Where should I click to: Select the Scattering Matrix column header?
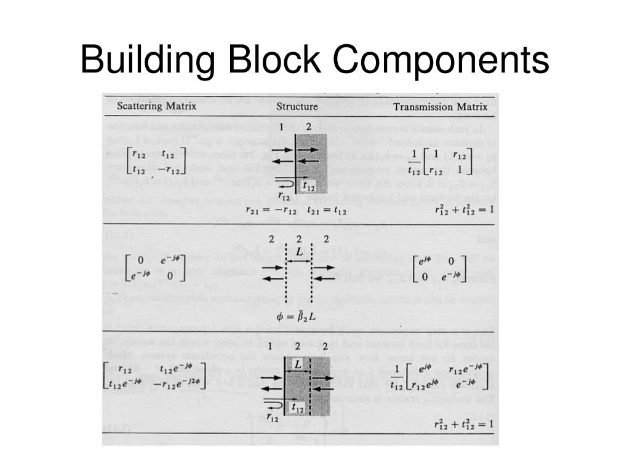point(157,106)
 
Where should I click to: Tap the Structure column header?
point(297,106)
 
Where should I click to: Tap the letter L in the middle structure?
point(299,253)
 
